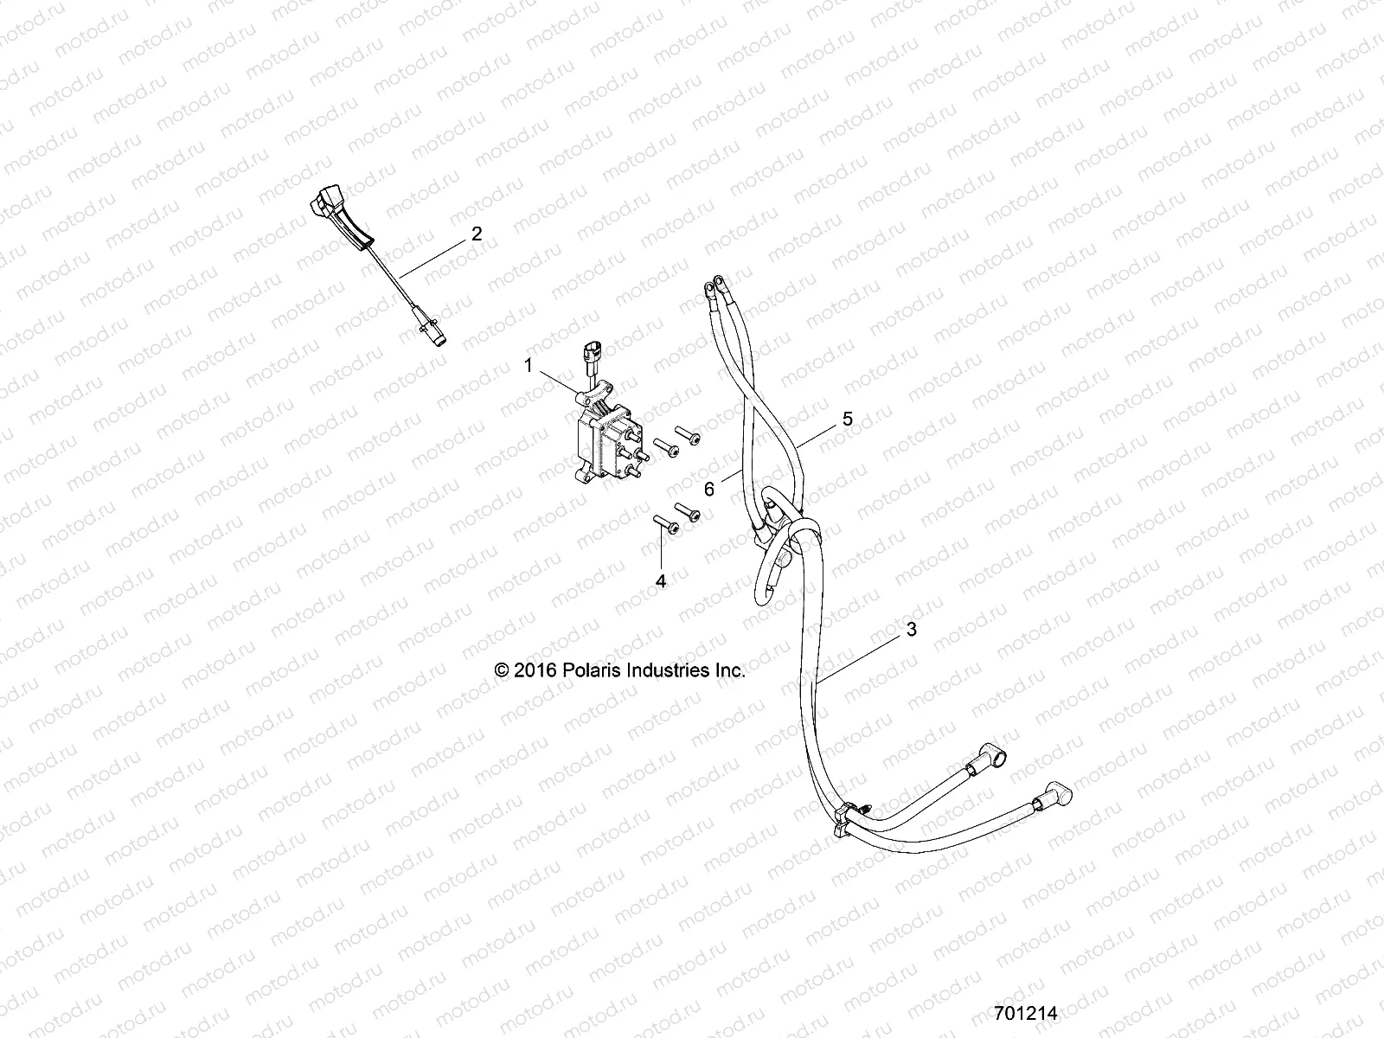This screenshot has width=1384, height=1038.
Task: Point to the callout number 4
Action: pyautogui.click(x=661, y=581)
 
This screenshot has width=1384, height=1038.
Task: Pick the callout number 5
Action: pyautogui.click(x=847, y=419)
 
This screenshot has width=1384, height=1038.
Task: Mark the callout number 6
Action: pyautogui.click(x=709, y=489)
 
